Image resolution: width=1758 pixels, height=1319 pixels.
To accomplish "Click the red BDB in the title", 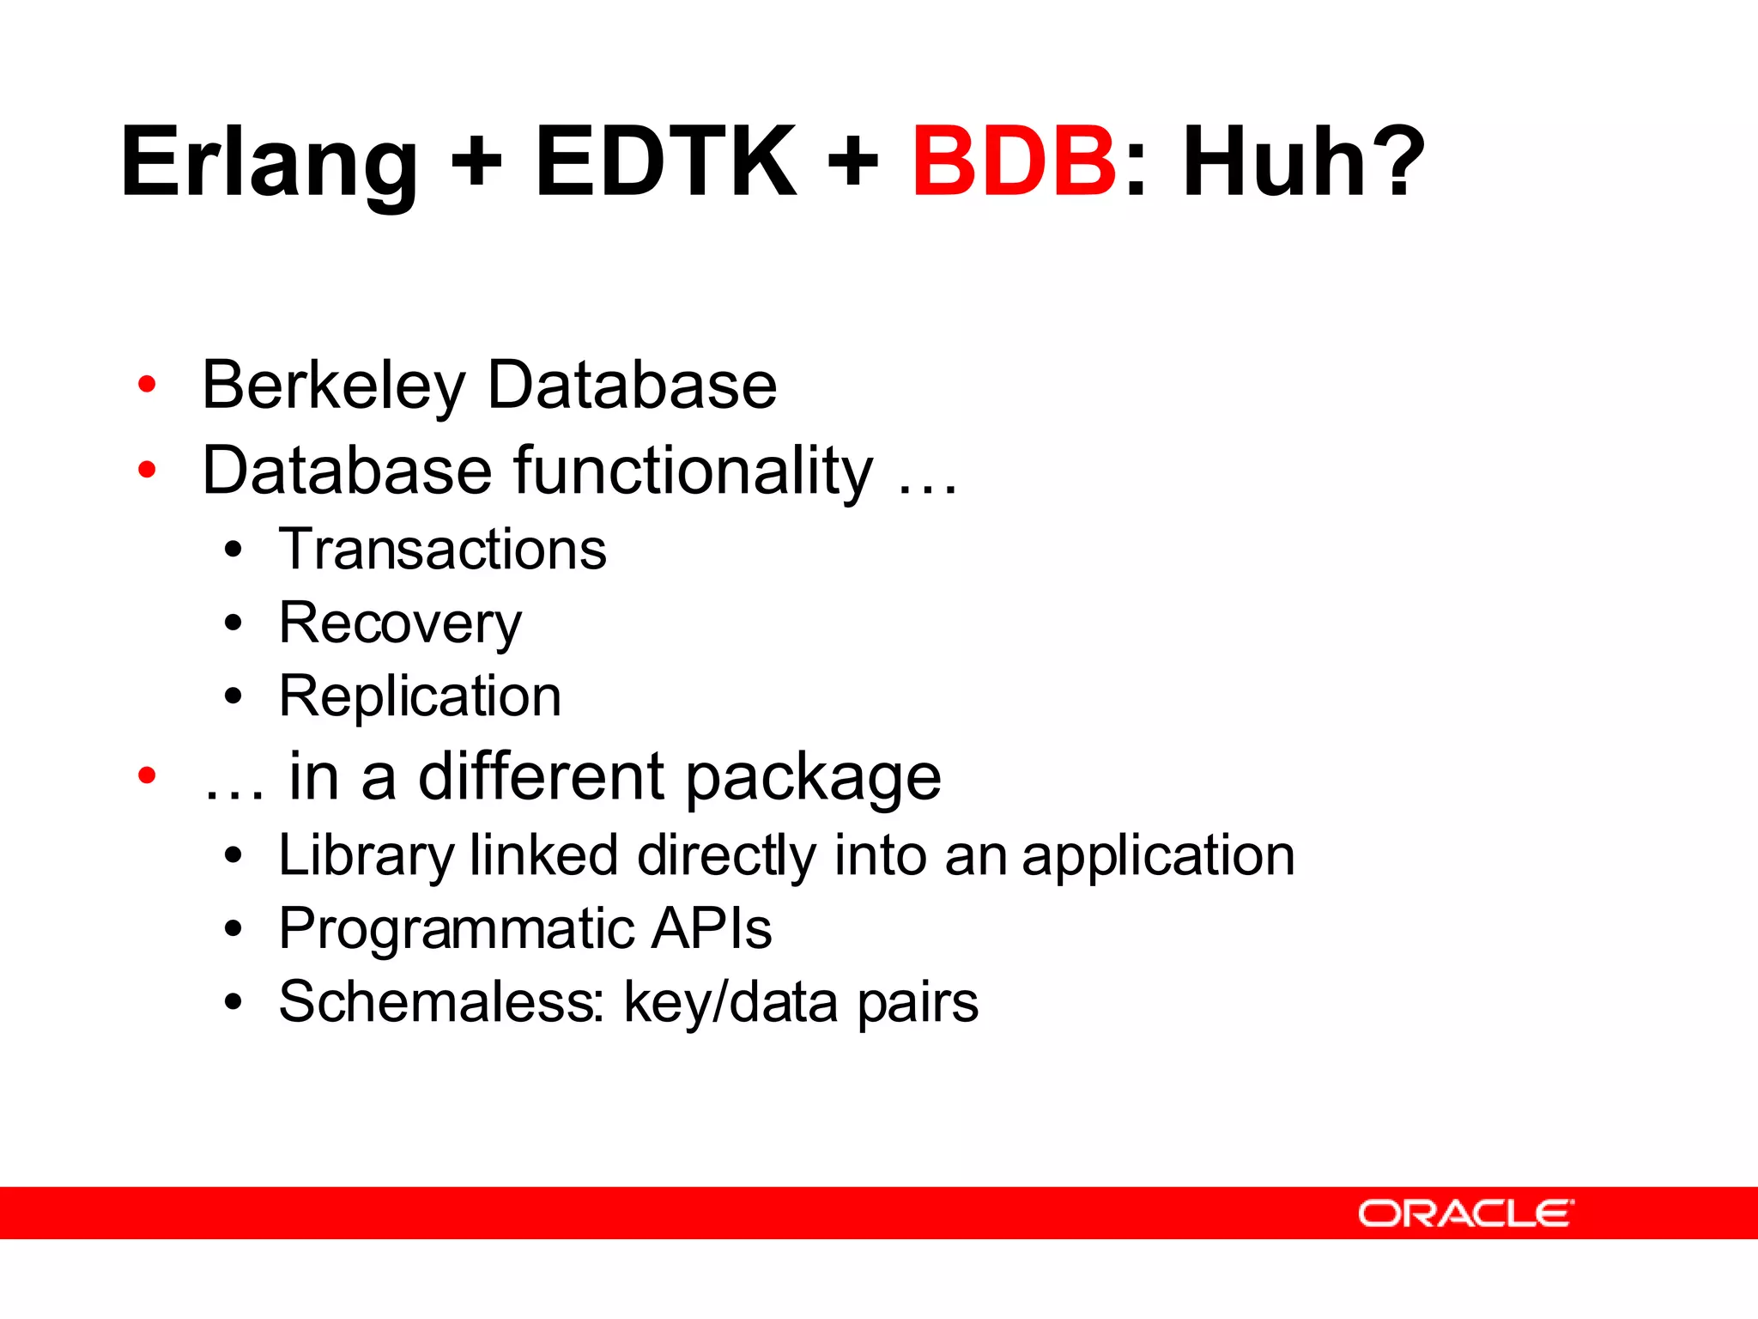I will [x=1014, y=161].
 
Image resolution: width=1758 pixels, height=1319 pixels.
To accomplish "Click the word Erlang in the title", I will [x=270, y=163].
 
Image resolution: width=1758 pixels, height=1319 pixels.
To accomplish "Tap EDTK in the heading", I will [x=665, y=161].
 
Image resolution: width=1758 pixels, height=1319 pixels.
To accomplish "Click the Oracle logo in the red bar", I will [x=1465, y=1213].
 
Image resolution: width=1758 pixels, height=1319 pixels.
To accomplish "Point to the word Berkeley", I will [x=333, y=386].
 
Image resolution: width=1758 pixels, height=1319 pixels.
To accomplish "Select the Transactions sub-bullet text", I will [x=442, y=549].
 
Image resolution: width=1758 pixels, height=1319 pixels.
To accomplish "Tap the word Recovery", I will [x=400, y=623].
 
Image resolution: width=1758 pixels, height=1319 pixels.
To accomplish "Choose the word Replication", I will [x=420, y=696].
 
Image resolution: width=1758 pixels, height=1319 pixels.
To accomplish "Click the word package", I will [x=812, y=778].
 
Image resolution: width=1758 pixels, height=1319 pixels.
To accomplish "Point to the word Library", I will [x=366, y=856].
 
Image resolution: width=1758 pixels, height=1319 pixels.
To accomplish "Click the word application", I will [x=1158, y=856].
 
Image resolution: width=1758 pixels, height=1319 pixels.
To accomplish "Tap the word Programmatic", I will [x=456, y=929].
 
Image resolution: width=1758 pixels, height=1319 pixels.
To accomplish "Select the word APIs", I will [x=711, y=928].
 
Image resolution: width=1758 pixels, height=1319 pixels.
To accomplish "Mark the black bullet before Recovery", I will [x=233, y=623].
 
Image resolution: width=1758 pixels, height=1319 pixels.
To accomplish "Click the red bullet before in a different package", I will [x=147, y=775].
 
